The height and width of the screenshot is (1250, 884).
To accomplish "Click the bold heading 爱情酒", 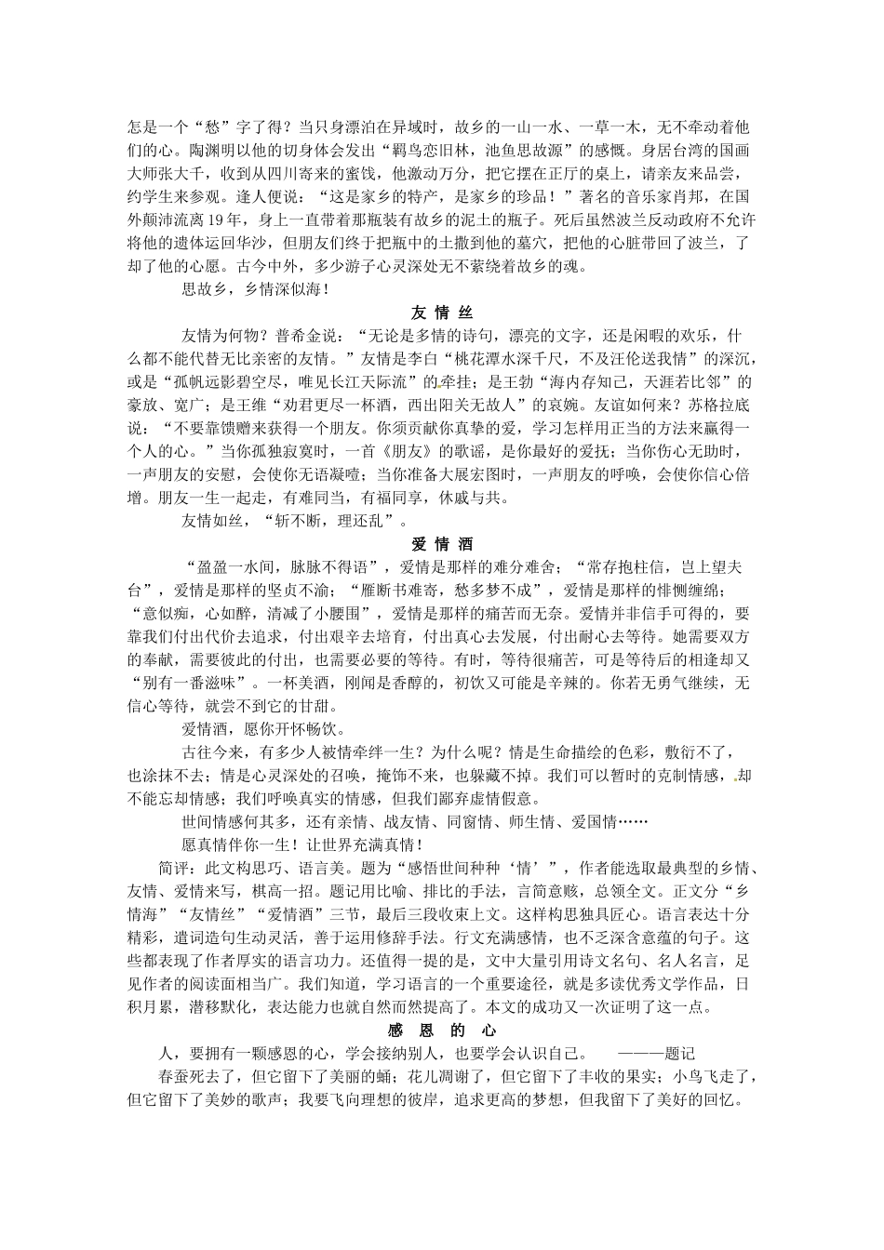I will [x=442, y=543].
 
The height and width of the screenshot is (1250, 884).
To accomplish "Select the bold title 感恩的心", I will [x=442, y=1031].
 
